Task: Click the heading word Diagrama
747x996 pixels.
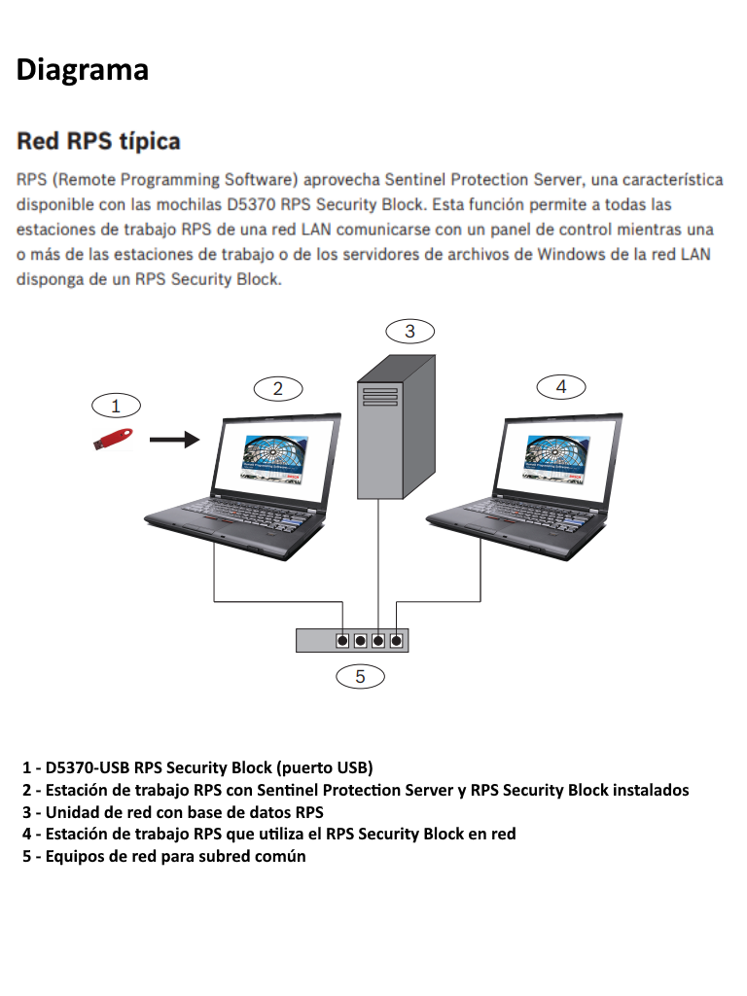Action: pyautogui.click(x=83, y=70)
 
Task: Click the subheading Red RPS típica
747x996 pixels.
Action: pyautogui.click(x=98, y=142)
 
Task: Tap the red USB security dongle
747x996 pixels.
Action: pyautogui.click(x=113, y=439)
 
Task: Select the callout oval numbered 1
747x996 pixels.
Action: pyautogui.click(x=116, y=405)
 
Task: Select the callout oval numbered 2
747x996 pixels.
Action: pyautogui.click(x=277, y=388)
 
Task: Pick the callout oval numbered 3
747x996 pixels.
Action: pyautogui.click(x=409, y=331)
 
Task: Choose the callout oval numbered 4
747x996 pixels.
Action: pyautogui.click(x=560, y=386)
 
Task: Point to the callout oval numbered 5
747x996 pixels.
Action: pyautogui.click(x=360, y=675)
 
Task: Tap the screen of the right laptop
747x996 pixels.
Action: pyautogui.click(x=559, y=456)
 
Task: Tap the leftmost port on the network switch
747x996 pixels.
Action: pyautogui.click(x=343, y=640)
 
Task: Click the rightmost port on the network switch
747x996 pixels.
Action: pyautogui.click(x=396, y=640)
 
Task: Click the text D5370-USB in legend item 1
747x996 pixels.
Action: pyautogui.click(x=88, y=766)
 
